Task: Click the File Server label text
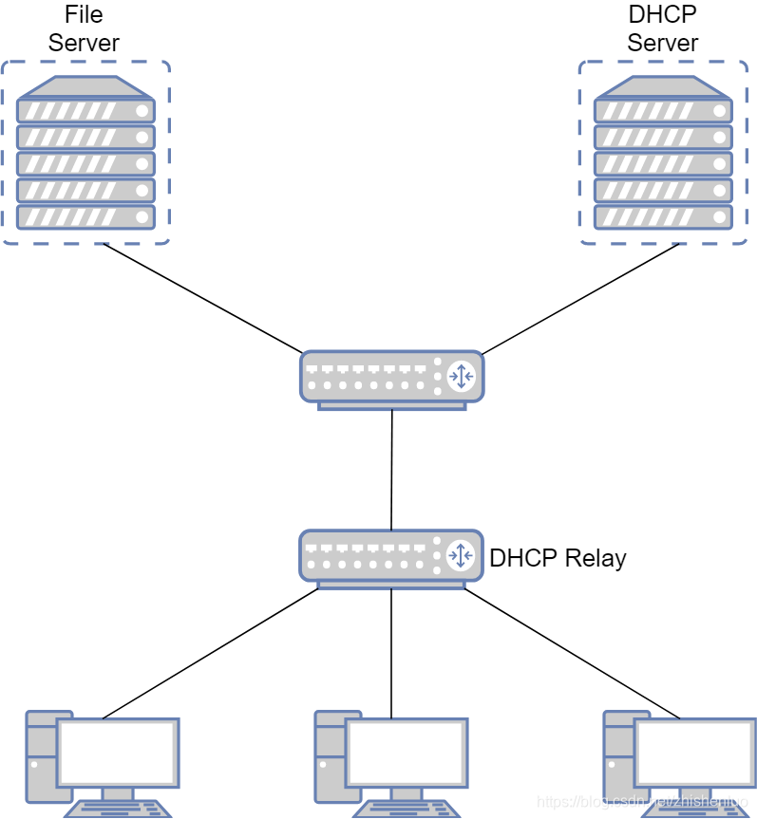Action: pyautogui.click(x=84, y=29)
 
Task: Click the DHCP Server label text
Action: pyautogui.click(x=662, y=29)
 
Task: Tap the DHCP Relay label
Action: pyautogui.click(x=558, y=558)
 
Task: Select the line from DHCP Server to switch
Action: pyautogui.click(x=581, y=298)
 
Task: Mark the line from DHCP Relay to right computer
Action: pyautogui.click(x=572, y=653)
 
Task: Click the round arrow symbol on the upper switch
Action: pyautogui.click(x=461, y=376)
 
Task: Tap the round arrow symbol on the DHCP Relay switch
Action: pyautogui.click(x=461, y=555)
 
